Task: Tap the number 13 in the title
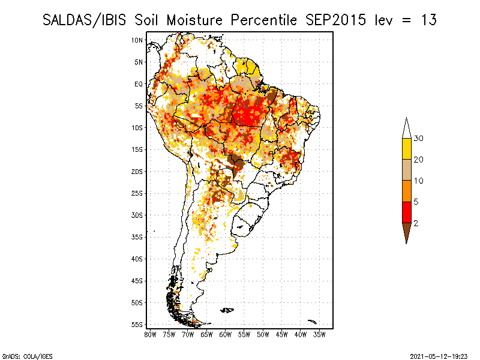[x=428, y=20]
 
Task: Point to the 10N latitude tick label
[x=137, y=40]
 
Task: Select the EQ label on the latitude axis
[x=139, y=84]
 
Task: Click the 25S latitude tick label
[x=137, y=193]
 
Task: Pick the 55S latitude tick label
[x=137, y=325]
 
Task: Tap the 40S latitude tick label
[x=137, y=259]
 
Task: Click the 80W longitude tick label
[x=150, y=334]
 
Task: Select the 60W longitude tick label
[x=226, y=334]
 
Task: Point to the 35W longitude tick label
[x=320, y=334]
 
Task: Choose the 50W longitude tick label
[x=263, y=334]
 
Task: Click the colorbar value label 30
[x=419, y=139]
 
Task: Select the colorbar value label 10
[x=419, y=181]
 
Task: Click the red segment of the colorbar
[x=406, y=212]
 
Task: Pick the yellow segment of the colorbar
[x=406, y=149]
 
